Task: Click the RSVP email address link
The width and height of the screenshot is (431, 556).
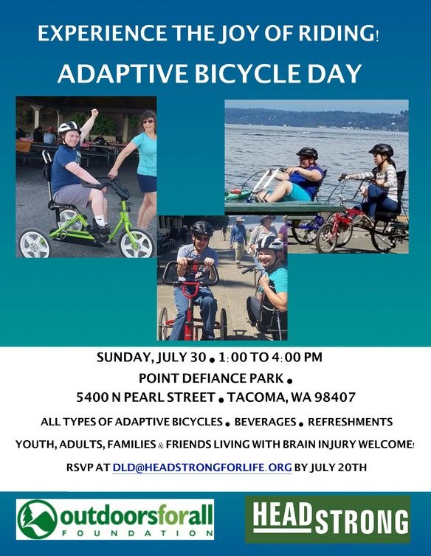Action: tap(202, 468)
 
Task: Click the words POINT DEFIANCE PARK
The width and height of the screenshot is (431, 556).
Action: tap(211, 378)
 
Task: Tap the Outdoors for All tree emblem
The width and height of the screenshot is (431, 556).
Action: tap(37, 519)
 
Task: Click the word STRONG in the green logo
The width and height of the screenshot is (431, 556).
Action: tap(362, 521)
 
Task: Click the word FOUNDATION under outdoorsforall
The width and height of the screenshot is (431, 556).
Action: tap(137, 533)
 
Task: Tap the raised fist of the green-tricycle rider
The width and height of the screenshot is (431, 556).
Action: tap(94, 113)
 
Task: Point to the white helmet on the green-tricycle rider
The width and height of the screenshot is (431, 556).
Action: tap(69, 127)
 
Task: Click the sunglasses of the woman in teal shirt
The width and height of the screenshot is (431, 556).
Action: tap(148, 122)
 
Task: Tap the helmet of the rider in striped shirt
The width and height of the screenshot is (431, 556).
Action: tap(382, 150)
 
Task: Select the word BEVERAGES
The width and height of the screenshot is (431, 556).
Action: tap(265, 422)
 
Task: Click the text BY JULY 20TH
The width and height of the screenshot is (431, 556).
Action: tap(331, 468)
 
